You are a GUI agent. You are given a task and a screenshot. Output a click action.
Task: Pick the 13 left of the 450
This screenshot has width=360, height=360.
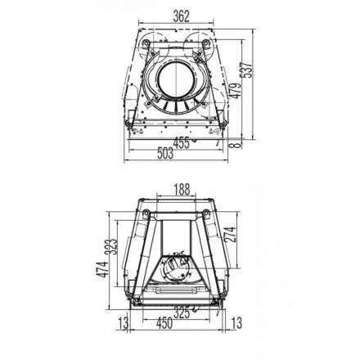pyautogui.click(x=124, y=324)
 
